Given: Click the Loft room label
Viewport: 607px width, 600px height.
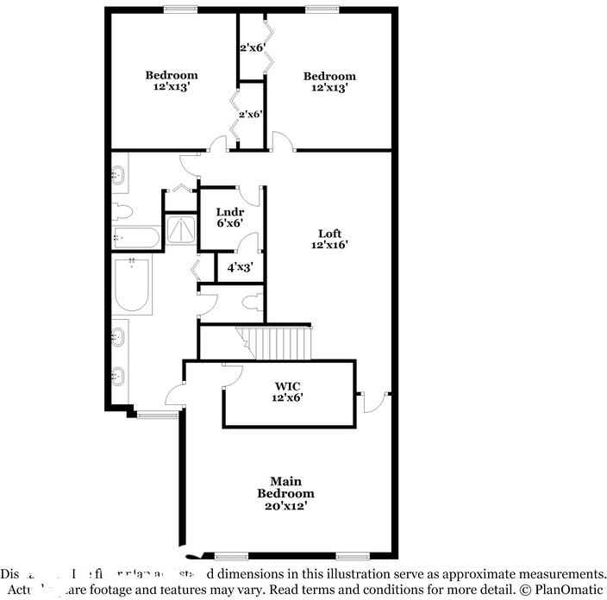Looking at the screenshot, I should coord(329,234).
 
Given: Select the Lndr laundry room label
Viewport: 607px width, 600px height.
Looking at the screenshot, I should coord(230,212).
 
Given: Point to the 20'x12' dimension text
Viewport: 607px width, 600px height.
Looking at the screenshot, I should coord(285,506).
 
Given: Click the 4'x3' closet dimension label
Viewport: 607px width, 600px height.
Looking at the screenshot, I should coord(239,267).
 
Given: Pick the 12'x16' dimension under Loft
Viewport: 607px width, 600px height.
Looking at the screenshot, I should coord(329,246).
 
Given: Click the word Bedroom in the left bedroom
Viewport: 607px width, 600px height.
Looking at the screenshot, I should coord(171,75).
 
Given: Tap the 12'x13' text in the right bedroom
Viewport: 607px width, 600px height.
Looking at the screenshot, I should coord(329,88).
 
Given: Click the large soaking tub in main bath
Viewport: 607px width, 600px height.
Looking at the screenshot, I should coord(133,284).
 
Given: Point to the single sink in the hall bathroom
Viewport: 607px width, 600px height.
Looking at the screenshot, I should coord(120,175).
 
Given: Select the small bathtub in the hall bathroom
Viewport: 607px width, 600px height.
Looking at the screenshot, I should coord(135,238).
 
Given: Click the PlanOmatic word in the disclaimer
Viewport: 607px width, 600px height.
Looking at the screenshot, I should coord(568,591).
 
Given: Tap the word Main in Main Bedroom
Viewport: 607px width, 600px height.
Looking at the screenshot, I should coord(285,481).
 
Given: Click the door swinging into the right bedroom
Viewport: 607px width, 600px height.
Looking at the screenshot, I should coord(280,141).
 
